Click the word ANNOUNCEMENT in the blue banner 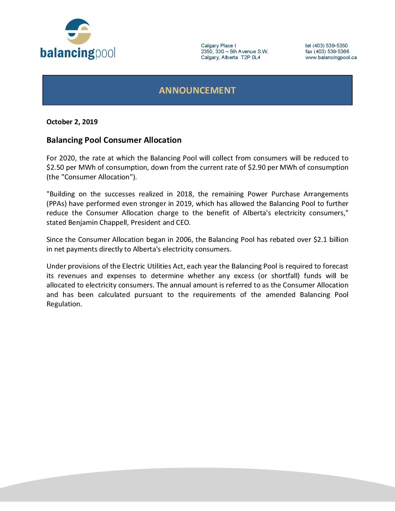(197, 90)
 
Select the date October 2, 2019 (72, 122)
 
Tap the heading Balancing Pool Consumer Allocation (114, 140)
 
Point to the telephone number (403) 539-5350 (330, 46)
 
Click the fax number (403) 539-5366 (331, 51)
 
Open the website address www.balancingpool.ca (331, 57)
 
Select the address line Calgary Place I (218, 46)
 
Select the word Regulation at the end (64, 304)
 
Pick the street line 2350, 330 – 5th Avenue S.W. (235, 51)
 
